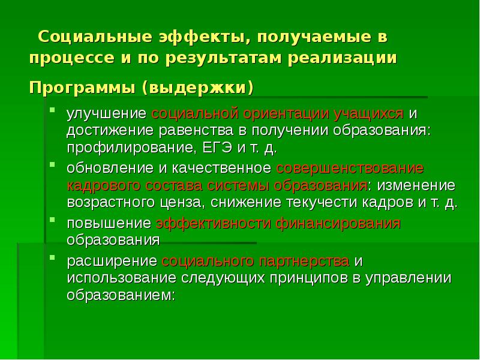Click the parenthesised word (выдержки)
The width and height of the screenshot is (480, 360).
[197, 88]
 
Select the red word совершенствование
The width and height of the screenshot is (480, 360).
[350, 167]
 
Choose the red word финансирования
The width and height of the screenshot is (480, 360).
[339, 224]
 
